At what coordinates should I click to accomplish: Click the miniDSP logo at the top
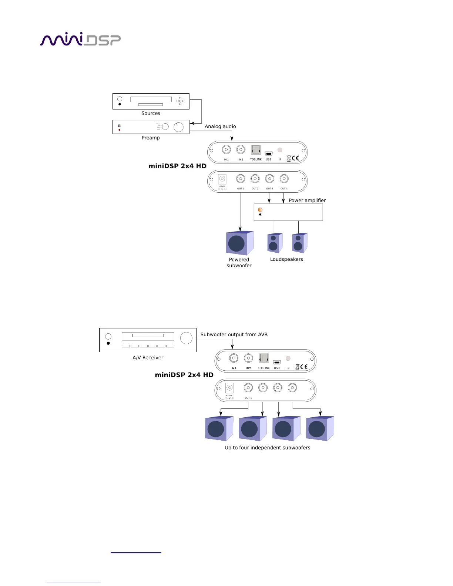coord(80,39)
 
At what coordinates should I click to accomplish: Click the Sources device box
coord(151,101)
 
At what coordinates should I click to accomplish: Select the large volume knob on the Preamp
coord(178,127)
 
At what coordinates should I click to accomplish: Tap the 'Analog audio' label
coord(220,127)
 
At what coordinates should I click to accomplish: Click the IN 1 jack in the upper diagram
coord(226,149)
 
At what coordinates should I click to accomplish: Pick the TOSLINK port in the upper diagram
coord(256,150)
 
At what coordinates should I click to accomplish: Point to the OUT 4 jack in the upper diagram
coord(284,179)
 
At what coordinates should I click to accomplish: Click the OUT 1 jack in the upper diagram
coord(241,179)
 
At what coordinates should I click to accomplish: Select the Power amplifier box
coord(288,212)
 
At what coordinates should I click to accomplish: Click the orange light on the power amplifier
coord(260,210)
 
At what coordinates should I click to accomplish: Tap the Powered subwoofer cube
coord(239,243)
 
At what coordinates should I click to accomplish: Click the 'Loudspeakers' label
coord(286,259)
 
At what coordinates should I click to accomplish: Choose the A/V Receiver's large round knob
coord(186,338)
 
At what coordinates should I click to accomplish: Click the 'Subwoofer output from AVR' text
coord(234,334)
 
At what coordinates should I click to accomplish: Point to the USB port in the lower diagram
coord(277,362)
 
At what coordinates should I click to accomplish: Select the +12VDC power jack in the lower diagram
coord(229,388)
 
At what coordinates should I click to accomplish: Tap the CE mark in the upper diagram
coord(295,158)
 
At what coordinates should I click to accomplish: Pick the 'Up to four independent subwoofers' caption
coord(267,448)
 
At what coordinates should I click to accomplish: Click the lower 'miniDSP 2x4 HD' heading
coord(184,375)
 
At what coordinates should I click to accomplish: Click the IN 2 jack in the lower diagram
coord(248,358)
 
